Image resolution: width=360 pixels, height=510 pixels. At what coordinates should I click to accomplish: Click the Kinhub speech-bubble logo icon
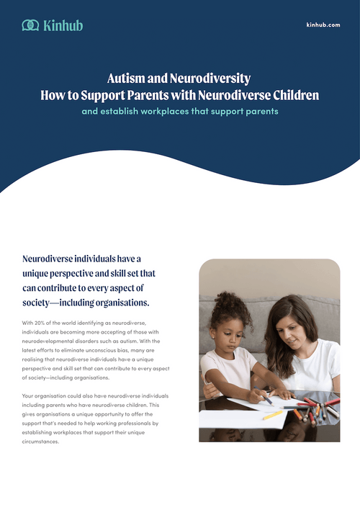[31, 25]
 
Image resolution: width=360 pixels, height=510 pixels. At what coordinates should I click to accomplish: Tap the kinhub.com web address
[323, 24]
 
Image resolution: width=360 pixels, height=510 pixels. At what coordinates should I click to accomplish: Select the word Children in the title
[292, 94]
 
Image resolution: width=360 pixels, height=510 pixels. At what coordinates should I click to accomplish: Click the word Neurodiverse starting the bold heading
[54, 258]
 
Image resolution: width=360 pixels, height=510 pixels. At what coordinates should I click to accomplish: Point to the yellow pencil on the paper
[273, 415]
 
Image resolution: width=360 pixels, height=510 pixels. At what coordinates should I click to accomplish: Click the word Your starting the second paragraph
[29, 397]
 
